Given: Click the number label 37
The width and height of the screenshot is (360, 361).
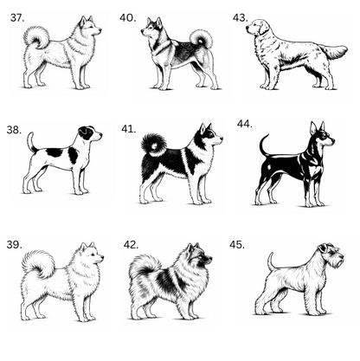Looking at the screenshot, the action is tap(17, 18).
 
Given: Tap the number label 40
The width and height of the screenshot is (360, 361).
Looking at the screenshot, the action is tap(128, 18).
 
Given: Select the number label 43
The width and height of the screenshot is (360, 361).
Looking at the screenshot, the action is tap(241, 18).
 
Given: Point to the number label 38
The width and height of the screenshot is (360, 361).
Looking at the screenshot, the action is tap(14, 130).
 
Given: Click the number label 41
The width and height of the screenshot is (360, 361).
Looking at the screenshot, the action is tap(129, 129).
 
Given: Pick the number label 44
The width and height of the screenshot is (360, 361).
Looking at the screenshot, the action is tap(245, 124).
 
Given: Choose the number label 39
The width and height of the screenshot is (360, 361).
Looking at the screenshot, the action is tap(14, 245).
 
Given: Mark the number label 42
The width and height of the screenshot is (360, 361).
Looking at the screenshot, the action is tap(131, 245).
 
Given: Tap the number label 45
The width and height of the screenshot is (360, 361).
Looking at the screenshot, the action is tap(237, 245).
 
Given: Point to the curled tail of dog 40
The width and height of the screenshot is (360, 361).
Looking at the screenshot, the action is tap(202, 39).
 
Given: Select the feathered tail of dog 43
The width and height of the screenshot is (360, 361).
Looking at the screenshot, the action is tap(335, 52).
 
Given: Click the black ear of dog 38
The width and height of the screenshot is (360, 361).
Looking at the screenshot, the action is tap(84, 132).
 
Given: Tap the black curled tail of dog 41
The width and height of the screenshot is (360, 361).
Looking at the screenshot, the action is tap(154, 145).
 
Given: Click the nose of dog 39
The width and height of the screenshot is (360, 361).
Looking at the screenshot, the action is tap(102, 256).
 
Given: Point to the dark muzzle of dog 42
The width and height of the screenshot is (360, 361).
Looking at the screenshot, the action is tap(207, 259).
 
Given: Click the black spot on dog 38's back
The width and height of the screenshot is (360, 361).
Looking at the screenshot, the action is tap(55, 152).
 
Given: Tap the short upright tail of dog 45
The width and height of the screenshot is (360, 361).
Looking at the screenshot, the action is tap(271, 261).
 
